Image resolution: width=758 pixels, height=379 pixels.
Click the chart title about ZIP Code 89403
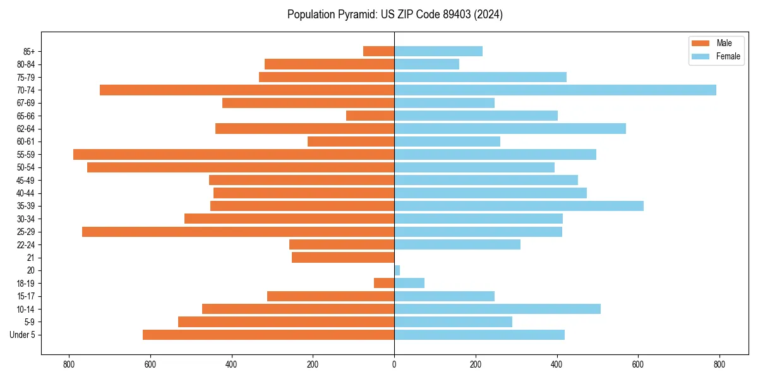click(x=395, y=15)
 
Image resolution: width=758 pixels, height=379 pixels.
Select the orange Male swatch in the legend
click(x=701, y=43)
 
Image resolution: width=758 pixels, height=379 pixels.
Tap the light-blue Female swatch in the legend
click(x=701, y=56)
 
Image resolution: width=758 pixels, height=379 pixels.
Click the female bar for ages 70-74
click(x=555, y=90)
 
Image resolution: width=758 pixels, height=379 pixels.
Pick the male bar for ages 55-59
click(x=234, y=154)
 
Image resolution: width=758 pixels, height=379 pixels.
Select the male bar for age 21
click(x=343, y=257)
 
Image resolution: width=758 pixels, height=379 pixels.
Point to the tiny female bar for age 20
click(x=397, y=270)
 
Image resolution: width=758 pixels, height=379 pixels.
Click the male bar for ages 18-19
click(x=384, y=283)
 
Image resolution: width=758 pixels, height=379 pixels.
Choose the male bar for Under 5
click(x=268, y=335)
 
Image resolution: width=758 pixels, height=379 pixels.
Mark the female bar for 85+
click(x=438, y=51)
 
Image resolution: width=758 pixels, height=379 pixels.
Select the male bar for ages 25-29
click(x=238, y=232)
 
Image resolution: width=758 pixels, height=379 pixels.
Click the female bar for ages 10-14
click(x=497, y=309)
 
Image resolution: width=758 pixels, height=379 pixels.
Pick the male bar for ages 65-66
click(x=370, y=116)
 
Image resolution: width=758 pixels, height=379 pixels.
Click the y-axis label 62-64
click(x=25, y=129)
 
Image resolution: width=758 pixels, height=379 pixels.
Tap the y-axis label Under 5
click(x=22, y=335)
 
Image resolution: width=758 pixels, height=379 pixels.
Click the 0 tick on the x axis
click(x=394, y=364)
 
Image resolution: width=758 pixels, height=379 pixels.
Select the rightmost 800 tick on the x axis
click(x=719, y=364)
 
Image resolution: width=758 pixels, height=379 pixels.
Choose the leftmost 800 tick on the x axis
click(x=69, y=364)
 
